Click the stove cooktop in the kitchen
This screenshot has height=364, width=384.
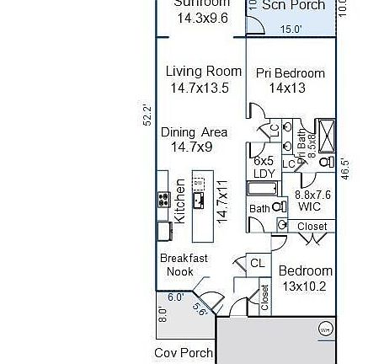pyautogui.click(x=163, y=200)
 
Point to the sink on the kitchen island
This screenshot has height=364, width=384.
pyautogui.click(x=200, y=200)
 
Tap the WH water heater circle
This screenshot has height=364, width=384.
pyautogui.click(x=325, y=329)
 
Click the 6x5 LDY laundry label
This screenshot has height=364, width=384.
pyautogui.click(x=264, y=167)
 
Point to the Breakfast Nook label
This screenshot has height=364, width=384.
pyautogui.click(x=184, y=265)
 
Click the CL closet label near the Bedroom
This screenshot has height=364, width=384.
pyautogui.click(x=258, y=264)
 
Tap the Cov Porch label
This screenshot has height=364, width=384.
pyautogui.click(x=181, y=352)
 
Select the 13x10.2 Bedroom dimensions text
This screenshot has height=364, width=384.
pyautogui.click(x=305, y=286)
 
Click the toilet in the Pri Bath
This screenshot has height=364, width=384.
pyautogui.click(x=327, y=161)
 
